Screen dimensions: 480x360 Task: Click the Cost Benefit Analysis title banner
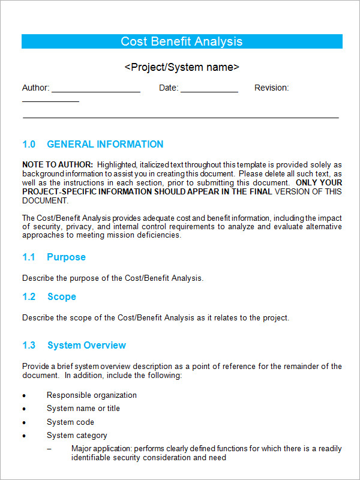[182, 41]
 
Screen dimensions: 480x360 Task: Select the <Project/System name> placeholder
[182, 67]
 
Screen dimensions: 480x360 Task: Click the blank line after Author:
[96, 90]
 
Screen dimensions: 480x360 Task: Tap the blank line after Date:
[209, 90]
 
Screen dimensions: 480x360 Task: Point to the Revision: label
[271, 88]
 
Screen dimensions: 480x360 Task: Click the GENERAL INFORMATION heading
[105, 145]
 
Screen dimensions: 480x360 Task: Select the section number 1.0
[29, 145]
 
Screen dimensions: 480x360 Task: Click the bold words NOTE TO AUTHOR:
[58, 164]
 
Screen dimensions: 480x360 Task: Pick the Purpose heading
[66, 257]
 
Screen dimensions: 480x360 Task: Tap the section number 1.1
[29, 257]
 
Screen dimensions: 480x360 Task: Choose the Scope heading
[61, 297]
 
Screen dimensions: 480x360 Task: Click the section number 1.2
[29, 297]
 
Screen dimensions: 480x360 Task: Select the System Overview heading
[86, 346]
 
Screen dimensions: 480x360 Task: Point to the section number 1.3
[29, 346]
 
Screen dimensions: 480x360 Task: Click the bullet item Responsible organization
[92, 395]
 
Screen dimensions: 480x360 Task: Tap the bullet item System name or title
[83, 409]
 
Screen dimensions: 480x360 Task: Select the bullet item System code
[71, 422]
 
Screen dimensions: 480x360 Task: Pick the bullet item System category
[77, 436]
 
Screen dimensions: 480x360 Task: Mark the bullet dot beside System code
[24, 423]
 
